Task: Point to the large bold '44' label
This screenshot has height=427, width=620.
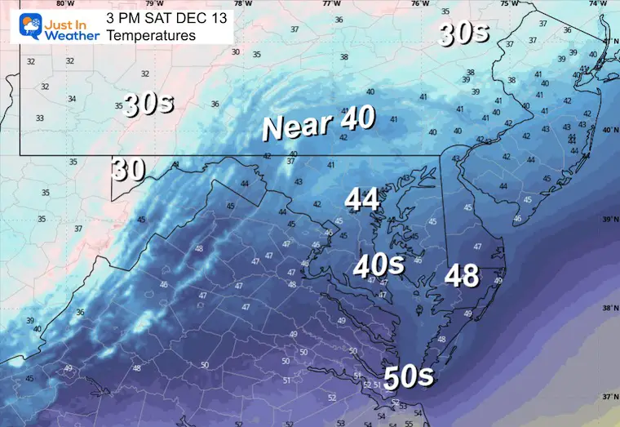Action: point(362,199)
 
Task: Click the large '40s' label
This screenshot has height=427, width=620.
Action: point(379,265)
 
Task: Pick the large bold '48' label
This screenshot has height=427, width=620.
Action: point(461,276)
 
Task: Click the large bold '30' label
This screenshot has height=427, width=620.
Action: point(129,169)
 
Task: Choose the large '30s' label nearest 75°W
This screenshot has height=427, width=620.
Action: point(463,33)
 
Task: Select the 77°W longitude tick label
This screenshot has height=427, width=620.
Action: point(331,3)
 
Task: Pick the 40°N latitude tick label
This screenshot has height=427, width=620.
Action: point(609,130)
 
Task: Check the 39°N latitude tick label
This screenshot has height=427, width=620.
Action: point(609,220)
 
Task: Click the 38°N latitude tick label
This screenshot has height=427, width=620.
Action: point(609,309)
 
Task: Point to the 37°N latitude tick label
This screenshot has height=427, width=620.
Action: point(609,398)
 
